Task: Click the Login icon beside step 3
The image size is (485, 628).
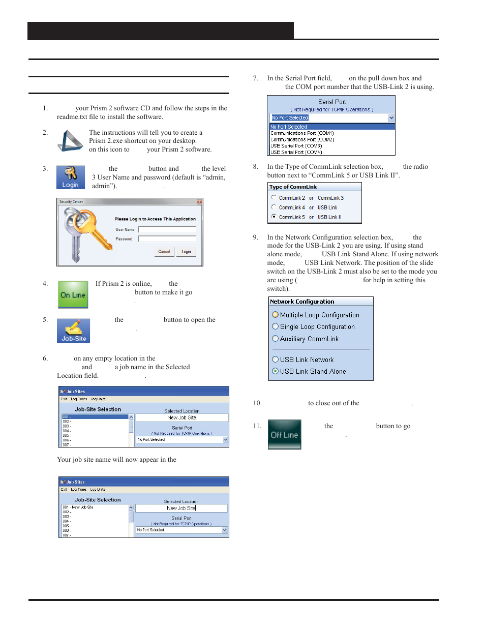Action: pyautogui.click(x=70, y=177)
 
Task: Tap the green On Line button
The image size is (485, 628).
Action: pyautogui.click(x=73, y=295)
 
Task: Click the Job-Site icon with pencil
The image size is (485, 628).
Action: pyautogui.click(x=73, y=331)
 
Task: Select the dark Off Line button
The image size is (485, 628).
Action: pyautogui.click(x=284, y=434)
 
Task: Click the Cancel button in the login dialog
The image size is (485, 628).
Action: pyautogui.click(x=164, y=252)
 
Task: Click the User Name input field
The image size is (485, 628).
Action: pyautogui.click(x=167, y=230)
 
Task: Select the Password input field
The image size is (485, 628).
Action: pyautogui.click(x=167, y=239)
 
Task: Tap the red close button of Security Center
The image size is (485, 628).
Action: pyautogui.click(x=199, y=202)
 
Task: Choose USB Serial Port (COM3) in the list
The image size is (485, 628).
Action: pyautogui.click(x=296, y=146)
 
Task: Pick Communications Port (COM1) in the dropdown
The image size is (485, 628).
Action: pyautogui.click(x=302, y=133)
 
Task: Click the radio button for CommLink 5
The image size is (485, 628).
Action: pyautogui.click(x=274, y=217)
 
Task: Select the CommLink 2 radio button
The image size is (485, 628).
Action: pyautogui.click(x=274, y=198)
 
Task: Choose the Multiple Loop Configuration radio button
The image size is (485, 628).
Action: pyautogui.click(x=276, y=315)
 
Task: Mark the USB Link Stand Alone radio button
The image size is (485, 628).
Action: pyautogui.click(x=276, y=371)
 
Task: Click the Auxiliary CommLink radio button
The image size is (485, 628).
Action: pyautogui.click(x=276, y=339)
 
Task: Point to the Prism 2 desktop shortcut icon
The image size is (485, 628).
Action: pyautogui.click(x=70, y=141)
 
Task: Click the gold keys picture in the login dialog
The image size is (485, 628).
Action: pyautogui.click(x=84, y=231)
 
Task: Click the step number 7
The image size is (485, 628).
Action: pyautogui.click(x=255, y=78)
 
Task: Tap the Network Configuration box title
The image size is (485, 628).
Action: pyautogui.click(x=302, y=302)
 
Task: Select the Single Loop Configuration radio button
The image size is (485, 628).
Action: pyautogui.click(x=276, y=326)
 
